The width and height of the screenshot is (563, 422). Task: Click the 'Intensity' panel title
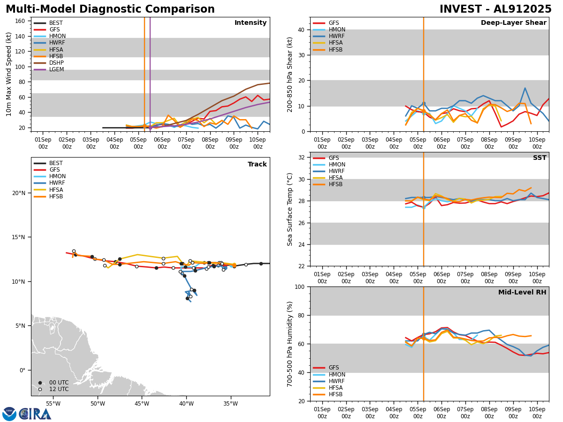coord(251,23)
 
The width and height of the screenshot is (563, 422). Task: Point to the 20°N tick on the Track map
coord(19,193)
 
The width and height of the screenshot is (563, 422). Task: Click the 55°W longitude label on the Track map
coord(53,404)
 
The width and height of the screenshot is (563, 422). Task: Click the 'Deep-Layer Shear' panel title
coord(513,23)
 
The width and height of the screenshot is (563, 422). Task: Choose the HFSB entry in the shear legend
coord(335,50)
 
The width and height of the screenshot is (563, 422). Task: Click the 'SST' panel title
coord(539,158)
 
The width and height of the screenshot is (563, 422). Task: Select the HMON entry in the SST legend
coord(337,165)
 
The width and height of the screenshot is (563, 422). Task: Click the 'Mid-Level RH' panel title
coord(522,293)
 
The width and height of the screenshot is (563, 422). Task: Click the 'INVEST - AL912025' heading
coord(495,9)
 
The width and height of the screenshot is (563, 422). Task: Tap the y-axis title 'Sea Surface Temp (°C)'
coord(290,209)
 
